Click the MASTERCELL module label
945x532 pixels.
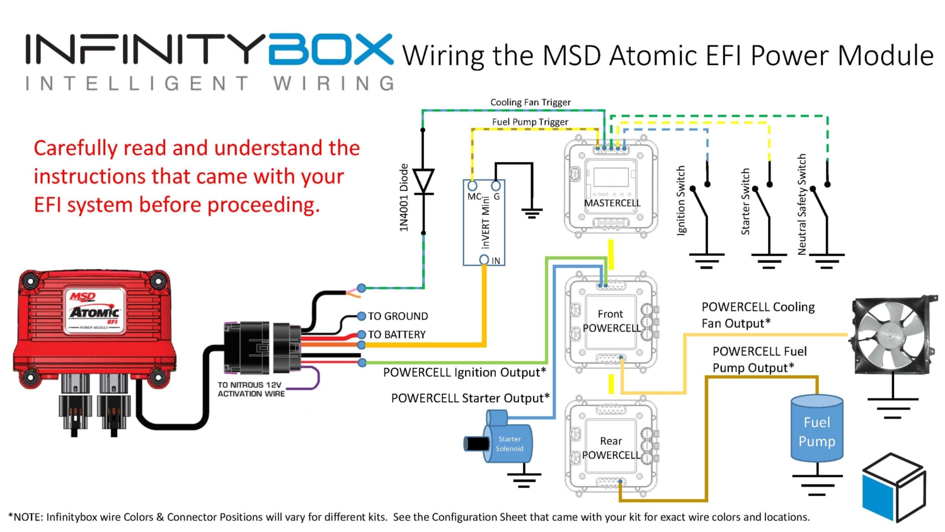[x=612, y=203]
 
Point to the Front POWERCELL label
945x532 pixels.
[x=610, y=321]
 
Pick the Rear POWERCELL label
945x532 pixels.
[x=610, y=448]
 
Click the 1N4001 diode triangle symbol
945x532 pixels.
[x=423, y=182]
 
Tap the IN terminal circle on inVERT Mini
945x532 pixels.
[x=484, y=260]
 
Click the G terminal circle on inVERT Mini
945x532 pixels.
[x=496, y=186]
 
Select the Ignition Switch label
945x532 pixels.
[x=680, y=200]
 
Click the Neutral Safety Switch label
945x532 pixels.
[x=802, y=204]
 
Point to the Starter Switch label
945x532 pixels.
[x=745, y=202]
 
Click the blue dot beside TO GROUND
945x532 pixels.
[x=362, y=316]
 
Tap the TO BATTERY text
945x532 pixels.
[x=397, y=335]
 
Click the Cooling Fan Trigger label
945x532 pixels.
[x=530, y=102]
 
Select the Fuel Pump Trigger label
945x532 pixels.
[x=530, y=122]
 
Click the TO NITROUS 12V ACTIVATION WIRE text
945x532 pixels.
[x=251, y=389]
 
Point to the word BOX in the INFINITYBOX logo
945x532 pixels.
[x=331, y=50]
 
